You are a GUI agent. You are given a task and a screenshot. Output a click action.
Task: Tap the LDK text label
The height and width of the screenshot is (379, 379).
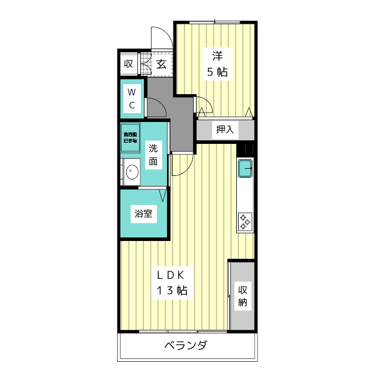click(172, 275)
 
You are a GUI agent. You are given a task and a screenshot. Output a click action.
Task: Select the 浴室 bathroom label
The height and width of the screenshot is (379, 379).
click(143, 214)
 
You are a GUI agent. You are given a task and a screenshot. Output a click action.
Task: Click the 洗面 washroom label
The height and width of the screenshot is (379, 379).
click(153, 154)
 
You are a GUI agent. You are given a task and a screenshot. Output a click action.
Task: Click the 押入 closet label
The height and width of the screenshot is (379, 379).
click(225, 130)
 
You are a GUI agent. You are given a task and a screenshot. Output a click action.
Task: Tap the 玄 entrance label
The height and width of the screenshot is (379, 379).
click(161, 64)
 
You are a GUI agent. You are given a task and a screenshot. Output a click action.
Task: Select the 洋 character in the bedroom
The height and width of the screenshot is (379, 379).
click(217, 57)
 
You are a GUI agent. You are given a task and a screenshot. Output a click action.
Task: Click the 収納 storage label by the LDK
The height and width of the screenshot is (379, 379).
click(243, 296)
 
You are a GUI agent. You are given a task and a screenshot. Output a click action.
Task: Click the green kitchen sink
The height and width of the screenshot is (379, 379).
click(245, 169)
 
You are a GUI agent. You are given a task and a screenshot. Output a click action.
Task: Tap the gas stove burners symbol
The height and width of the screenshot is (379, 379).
click(245, 221)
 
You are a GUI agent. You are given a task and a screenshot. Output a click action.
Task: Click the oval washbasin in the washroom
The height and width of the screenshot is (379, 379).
click(132, 172)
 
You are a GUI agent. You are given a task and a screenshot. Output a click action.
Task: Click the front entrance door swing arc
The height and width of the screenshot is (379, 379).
click(161, 37)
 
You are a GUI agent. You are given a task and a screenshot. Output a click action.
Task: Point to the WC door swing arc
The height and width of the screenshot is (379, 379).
click(157, 107)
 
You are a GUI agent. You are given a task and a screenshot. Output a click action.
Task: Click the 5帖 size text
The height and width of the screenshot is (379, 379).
click(217, 72)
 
